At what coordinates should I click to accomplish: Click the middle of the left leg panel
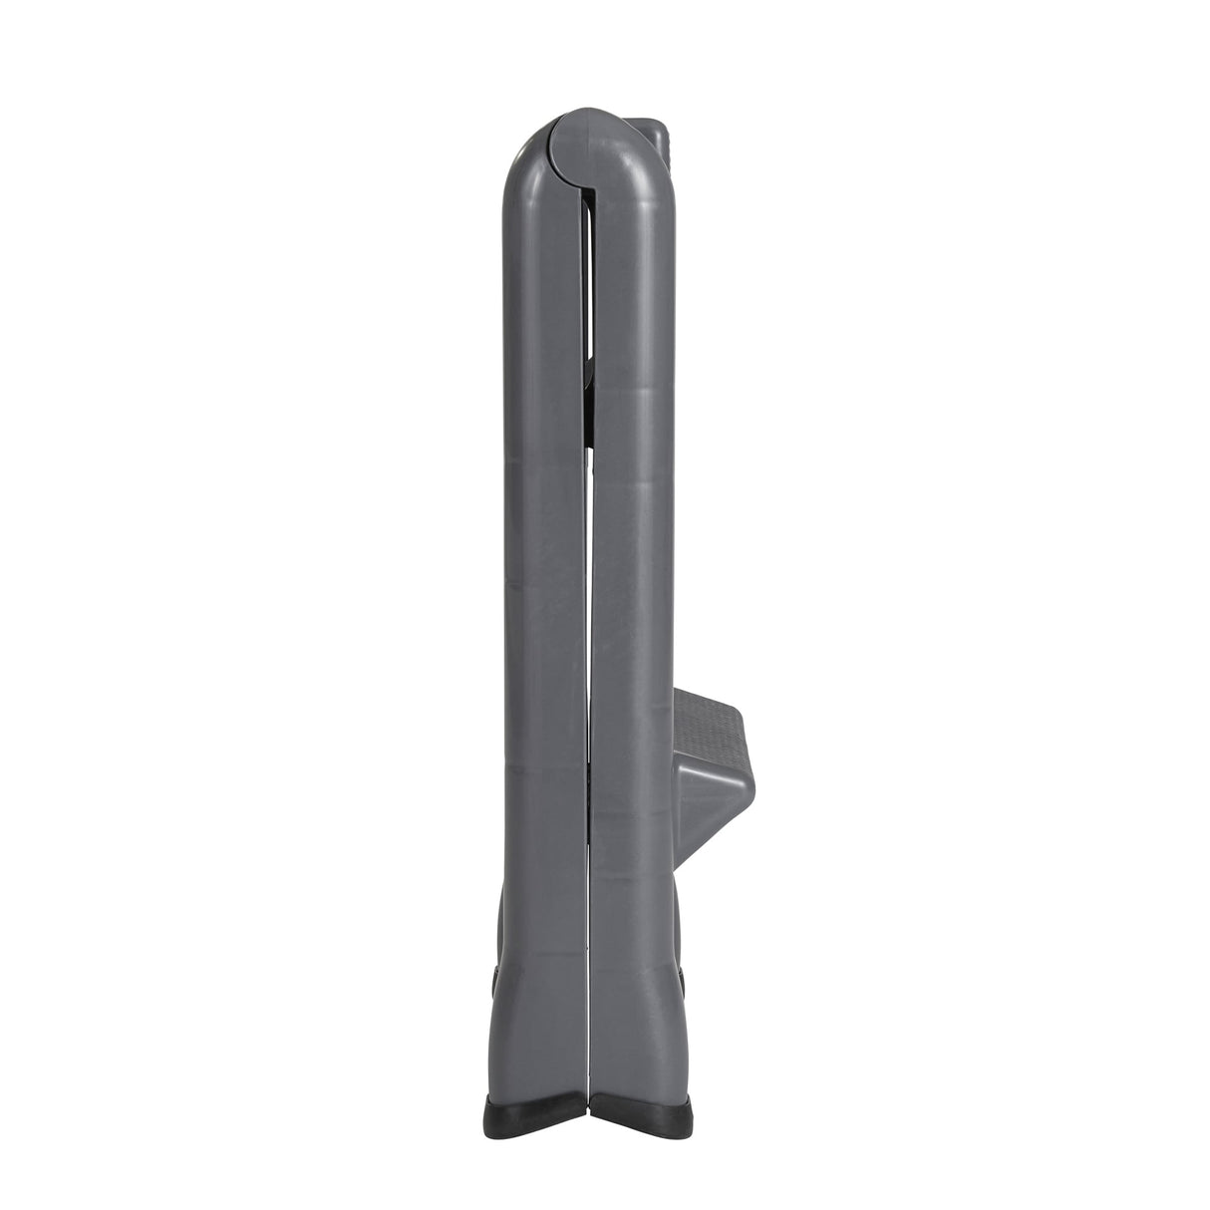click(x=543, y=598)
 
